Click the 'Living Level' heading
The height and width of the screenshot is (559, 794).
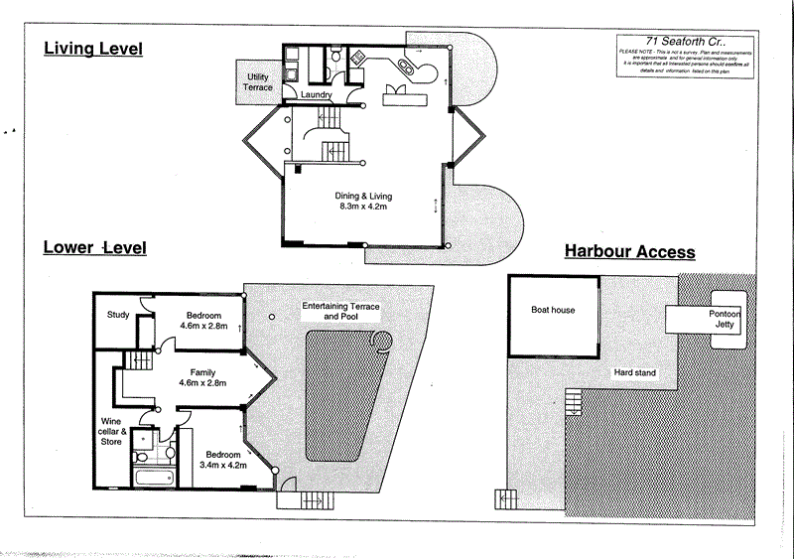[93, 48]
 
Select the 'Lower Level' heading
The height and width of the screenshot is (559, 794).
[94, 246]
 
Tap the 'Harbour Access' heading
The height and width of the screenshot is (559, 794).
[629, 252]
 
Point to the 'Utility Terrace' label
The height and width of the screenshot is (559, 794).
[257, 81]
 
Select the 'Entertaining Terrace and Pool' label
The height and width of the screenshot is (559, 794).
[340, 313]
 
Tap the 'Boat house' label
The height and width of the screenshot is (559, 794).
[552, 310]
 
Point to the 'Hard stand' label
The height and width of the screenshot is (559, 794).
[633, 372]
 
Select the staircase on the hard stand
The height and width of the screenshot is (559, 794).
[574, 402]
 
